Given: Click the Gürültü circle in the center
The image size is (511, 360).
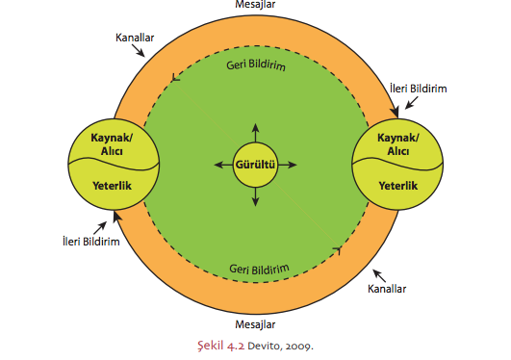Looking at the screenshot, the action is click(x=256, y=165).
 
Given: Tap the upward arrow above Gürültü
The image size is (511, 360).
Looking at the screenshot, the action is click(x=256, y=133).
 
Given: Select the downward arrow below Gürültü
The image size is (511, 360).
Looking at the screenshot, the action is click(x=256, y=197).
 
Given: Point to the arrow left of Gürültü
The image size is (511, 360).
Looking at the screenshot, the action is click(x=223, y=165).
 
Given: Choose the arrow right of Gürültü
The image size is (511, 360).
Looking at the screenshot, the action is click(x=288, y=165).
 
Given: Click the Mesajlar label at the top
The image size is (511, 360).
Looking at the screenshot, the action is click(x=255, y=4).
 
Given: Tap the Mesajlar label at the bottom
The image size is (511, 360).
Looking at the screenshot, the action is click(x=255, y=324).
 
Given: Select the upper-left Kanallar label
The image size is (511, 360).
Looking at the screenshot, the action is click(x=135, y=38).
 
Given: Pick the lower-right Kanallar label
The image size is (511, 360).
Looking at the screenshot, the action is click(x=387, y=289).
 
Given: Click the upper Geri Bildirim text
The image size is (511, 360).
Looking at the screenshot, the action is click(x=256, y=64).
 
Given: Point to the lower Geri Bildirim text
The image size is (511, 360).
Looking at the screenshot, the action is click(x=260, y=269).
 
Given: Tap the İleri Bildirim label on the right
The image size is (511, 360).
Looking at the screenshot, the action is click(x=419, y=89).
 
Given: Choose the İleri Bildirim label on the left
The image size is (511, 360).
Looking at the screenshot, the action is click(x=91, y=242).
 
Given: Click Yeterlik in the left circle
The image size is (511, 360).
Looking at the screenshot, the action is click(x=112, y=186).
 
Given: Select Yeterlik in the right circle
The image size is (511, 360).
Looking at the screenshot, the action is click(x=397, y=186).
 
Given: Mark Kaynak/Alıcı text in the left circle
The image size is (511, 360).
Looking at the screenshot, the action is click(x=112, y=144).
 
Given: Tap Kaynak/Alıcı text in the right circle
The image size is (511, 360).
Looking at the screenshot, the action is click(x=397, y=144).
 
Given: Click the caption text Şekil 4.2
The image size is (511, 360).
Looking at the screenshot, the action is click(x=220, y=346).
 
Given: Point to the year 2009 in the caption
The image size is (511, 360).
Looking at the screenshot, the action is click(x=299, y=346).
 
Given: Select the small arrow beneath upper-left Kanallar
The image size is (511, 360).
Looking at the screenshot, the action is click(x=138, y=50).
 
